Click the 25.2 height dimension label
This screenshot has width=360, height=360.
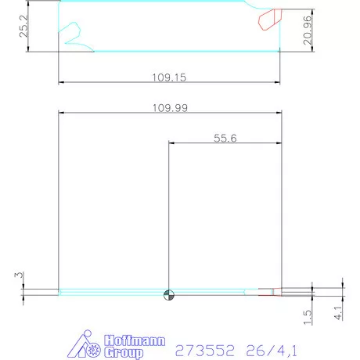24,28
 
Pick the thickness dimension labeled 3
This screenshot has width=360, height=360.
16,276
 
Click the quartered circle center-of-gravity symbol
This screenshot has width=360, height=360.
168,294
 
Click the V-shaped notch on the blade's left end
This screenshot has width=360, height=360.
74,34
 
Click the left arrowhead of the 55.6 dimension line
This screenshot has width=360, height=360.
171,143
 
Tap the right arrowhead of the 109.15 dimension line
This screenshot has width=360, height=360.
278,83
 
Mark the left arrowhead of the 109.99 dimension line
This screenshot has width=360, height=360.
62,112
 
